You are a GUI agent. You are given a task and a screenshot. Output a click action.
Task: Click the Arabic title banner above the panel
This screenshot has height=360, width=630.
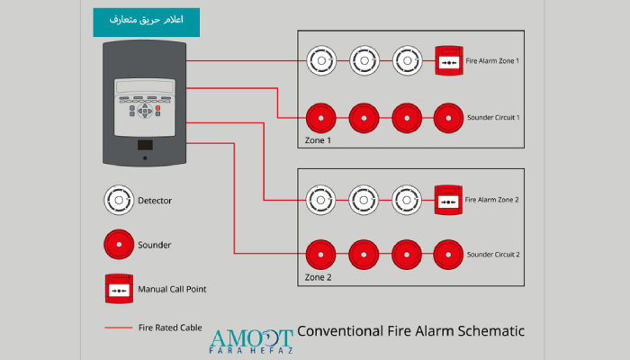point(146,22)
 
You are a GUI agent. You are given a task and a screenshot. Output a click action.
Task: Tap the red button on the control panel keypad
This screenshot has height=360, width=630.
point(157,108)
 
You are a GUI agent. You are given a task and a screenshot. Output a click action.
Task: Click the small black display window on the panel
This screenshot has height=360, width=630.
point(145,145)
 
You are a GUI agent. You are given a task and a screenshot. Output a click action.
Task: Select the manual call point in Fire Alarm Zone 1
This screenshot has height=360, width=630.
point(449,60)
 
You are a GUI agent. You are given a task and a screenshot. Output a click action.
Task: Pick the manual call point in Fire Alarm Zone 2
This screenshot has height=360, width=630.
point(448,200)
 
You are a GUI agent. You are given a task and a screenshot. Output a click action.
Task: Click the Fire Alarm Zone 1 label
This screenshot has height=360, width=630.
point(492,61)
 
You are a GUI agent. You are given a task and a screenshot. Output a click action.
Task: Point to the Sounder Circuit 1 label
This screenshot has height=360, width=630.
point(493,118)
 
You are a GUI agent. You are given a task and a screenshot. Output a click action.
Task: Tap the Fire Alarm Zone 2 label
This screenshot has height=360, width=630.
point(491,200)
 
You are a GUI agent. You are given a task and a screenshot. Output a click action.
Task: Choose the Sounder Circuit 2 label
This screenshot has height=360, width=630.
point(493,255)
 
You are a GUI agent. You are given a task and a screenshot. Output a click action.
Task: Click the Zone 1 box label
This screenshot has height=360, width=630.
point(318,140)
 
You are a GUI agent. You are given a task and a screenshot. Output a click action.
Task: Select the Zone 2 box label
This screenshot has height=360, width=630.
point(318,277)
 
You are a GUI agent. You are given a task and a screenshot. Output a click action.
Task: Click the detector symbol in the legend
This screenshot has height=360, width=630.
point(119,200)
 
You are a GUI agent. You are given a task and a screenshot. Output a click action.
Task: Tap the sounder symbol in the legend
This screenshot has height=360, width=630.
point(119,244)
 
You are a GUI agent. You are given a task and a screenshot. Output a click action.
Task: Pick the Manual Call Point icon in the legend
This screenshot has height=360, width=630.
point(119,289)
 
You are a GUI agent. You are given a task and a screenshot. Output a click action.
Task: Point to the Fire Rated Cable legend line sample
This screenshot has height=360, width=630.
point(119,328)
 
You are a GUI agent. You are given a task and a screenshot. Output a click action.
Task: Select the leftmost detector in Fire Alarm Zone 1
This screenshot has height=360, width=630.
point(321,60)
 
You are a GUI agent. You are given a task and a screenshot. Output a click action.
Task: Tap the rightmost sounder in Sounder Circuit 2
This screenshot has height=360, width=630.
point(448,255)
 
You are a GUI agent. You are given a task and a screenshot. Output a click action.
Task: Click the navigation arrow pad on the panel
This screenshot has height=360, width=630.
point(145,111)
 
